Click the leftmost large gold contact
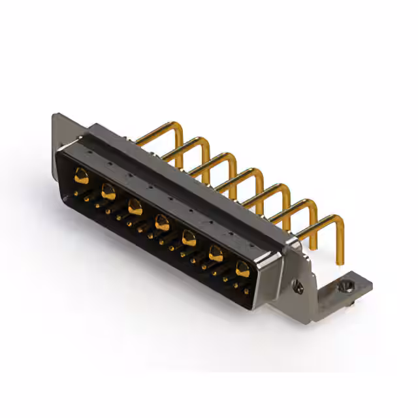click(x=82, y=174)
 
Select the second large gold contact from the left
click(x=108, y=191)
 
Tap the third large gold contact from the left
click(x=135, y=208)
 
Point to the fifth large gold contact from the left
click(x=189, y=238)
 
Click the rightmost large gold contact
click(x=242, y=268)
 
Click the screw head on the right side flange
click(x=300, y=285)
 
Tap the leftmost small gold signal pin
click(x=77, y=194)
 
